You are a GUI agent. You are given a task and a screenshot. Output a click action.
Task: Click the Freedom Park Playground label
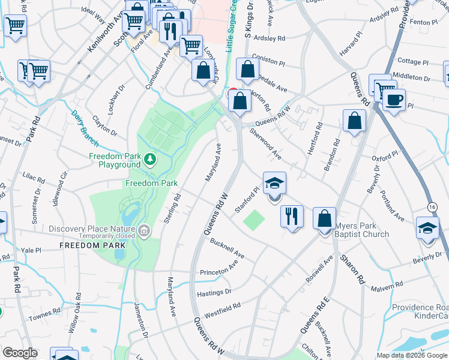click(114, 160)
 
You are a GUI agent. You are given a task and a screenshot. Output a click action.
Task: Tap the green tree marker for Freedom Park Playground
click(150, 160)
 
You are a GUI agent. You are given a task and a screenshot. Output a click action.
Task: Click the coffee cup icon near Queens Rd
click(394, 99)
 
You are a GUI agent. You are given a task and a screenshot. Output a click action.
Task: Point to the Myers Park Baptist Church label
click(361, 230)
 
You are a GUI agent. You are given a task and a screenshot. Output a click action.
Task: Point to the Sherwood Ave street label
click(265, 143)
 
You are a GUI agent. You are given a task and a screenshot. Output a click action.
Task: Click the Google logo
click(20, 353)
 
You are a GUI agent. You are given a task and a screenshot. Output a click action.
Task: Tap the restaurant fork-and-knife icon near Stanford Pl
click(292, 216)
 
